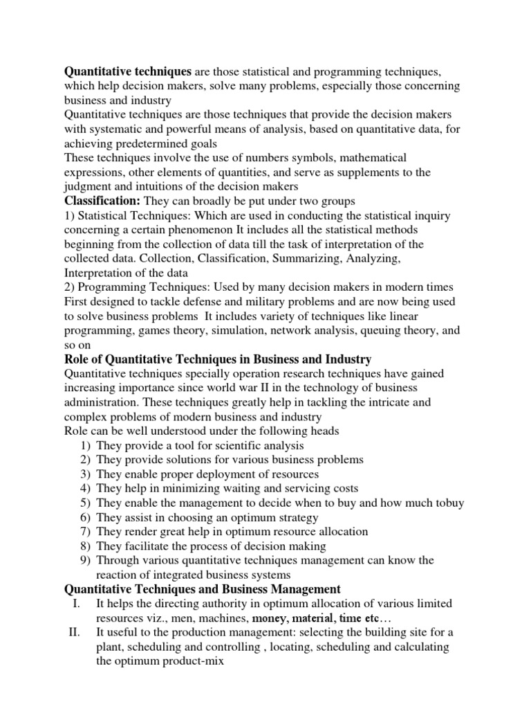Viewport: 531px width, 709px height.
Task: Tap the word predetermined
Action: [x=147, y=143]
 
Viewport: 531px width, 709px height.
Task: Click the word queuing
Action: [x=382, y=330]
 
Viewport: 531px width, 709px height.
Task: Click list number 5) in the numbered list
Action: [x=85, y=503]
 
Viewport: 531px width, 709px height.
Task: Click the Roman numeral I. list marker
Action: [x=77, y=604]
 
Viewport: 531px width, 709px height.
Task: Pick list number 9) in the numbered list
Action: [x=85, y=560]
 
